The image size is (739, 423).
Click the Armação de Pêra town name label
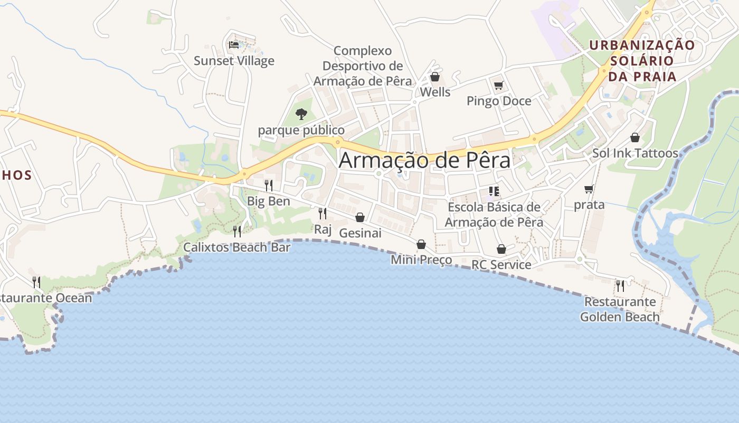[x=424, y=160]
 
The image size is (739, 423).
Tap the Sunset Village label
[x=234, y=61]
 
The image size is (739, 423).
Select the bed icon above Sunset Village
[x=233, y=45]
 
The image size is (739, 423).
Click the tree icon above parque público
[x=301, y=114]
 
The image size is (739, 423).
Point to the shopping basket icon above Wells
[x=435, y=77]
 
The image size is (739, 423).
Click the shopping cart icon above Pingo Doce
[x=498, y=85]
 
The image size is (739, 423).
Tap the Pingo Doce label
[x=499, y=101]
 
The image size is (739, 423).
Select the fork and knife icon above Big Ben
[x=269, y=185]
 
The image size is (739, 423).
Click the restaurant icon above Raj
[x=322, y=214]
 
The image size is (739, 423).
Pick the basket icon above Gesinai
[x=360, y=217]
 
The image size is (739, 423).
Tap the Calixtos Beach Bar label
[x=236, y=247]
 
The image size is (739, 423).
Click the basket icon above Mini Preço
[x=421, y=244]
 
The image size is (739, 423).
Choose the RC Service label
[x=501, y=265]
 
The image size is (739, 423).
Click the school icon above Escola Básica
[x=494, y=191]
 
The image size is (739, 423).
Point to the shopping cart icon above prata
[x=589, y=189]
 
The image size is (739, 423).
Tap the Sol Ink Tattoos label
[x=635, y=153]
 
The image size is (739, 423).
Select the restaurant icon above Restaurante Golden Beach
[x=620, y=286]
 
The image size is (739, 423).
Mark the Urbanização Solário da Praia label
[x=642, y=61]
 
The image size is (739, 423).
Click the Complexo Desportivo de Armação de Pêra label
[x=363, y=66]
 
